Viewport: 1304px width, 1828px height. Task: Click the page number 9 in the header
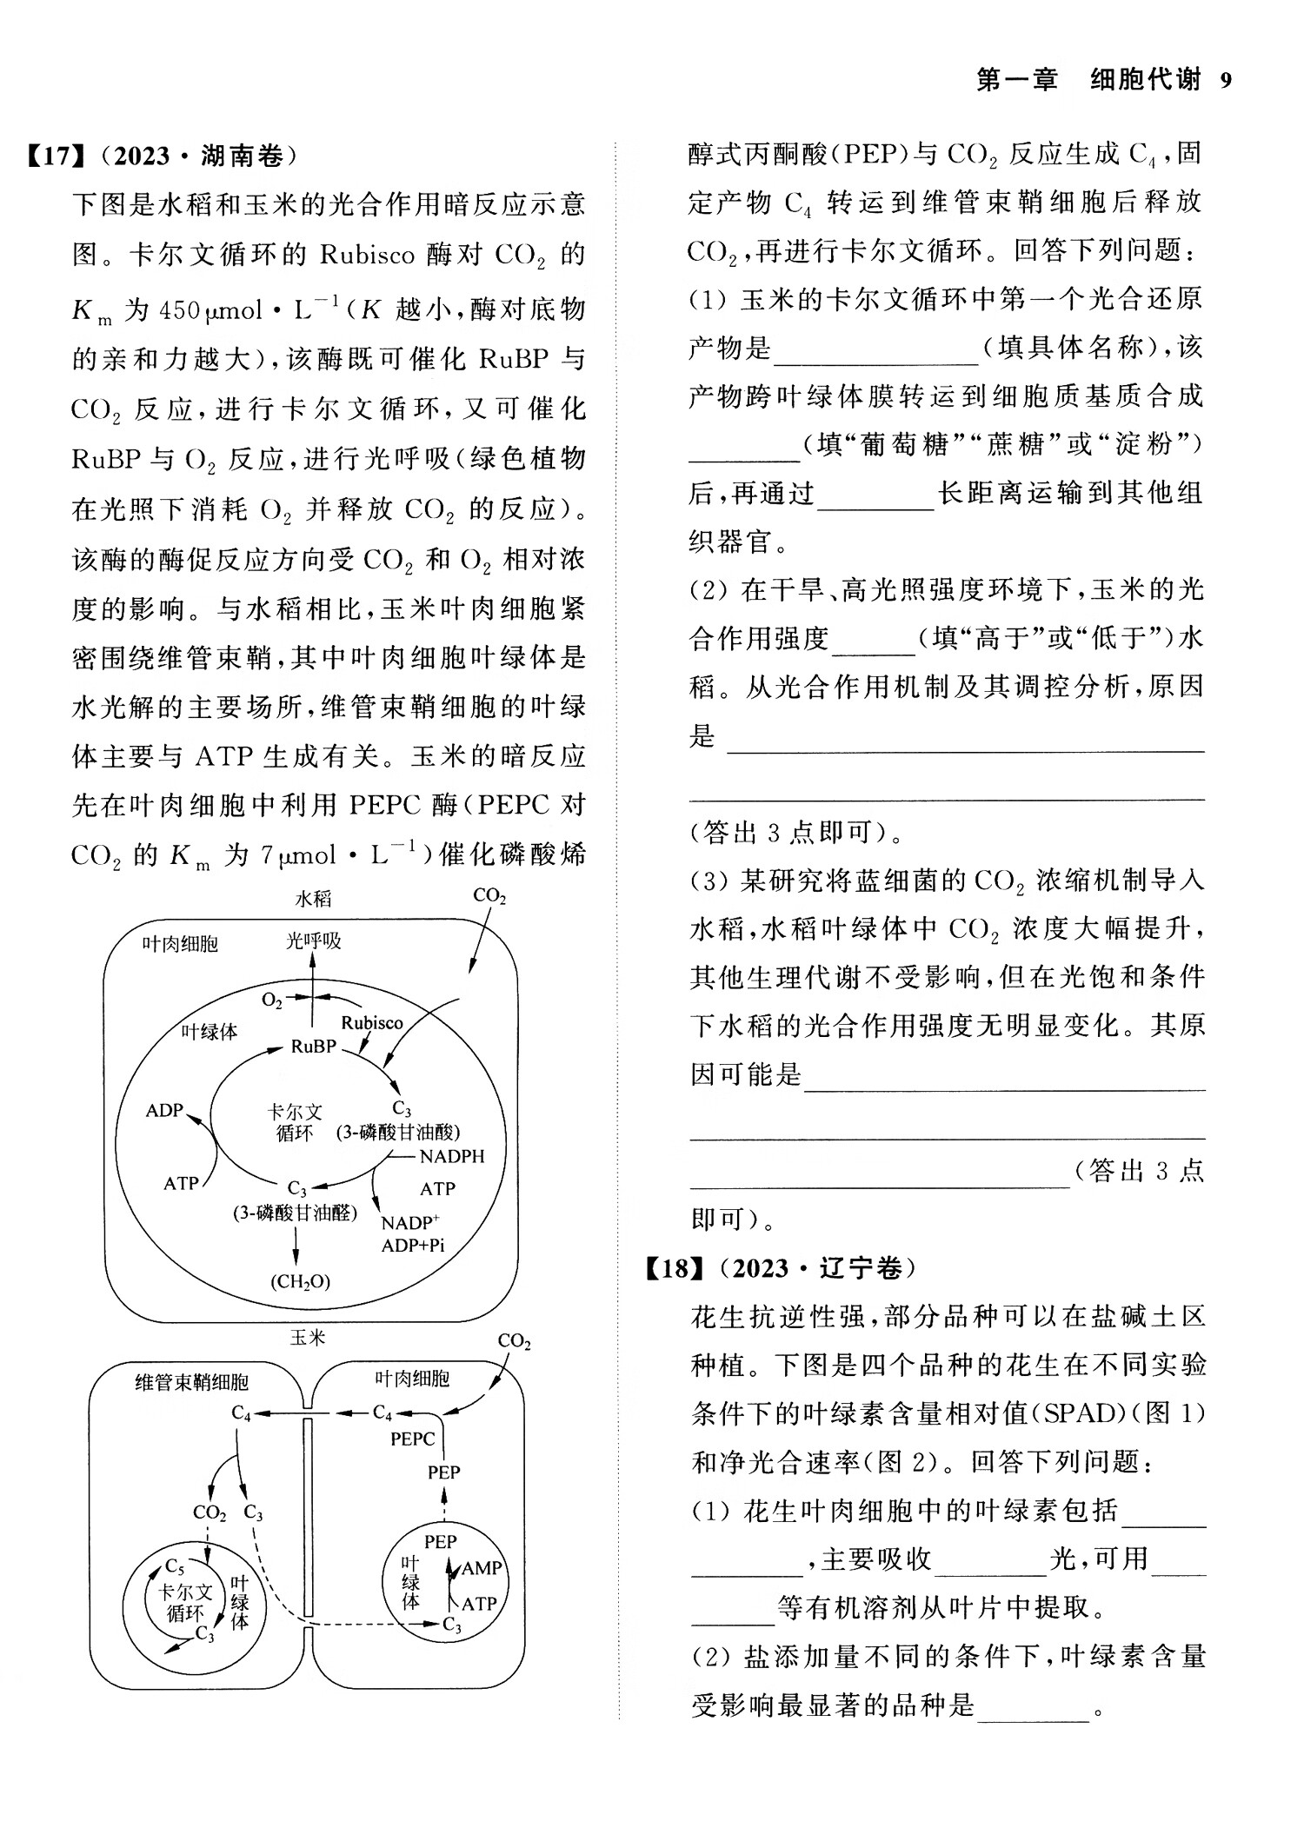point(1226,81)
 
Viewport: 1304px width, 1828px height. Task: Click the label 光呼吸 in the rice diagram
point(314,941)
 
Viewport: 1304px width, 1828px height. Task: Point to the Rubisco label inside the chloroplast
point(372,1023)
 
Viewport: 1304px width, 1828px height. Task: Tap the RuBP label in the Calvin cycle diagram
point(314,1047)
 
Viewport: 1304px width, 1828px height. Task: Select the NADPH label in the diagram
point(452,1157)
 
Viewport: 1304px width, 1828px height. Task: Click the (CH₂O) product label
point(301,1281)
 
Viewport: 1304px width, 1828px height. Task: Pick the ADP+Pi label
point(413,1245)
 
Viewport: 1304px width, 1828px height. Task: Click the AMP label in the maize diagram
point(482,1568)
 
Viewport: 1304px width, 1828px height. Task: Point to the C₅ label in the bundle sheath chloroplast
point(175,1566)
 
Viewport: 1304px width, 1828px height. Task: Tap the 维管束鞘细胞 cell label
point(191,1382)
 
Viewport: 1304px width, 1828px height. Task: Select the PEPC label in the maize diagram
point(412,1439)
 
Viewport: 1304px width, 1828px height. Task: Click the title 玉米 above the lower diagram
point(308,1338)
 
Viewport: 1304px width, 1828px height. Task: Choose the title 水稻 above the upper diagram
point(313,899)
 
